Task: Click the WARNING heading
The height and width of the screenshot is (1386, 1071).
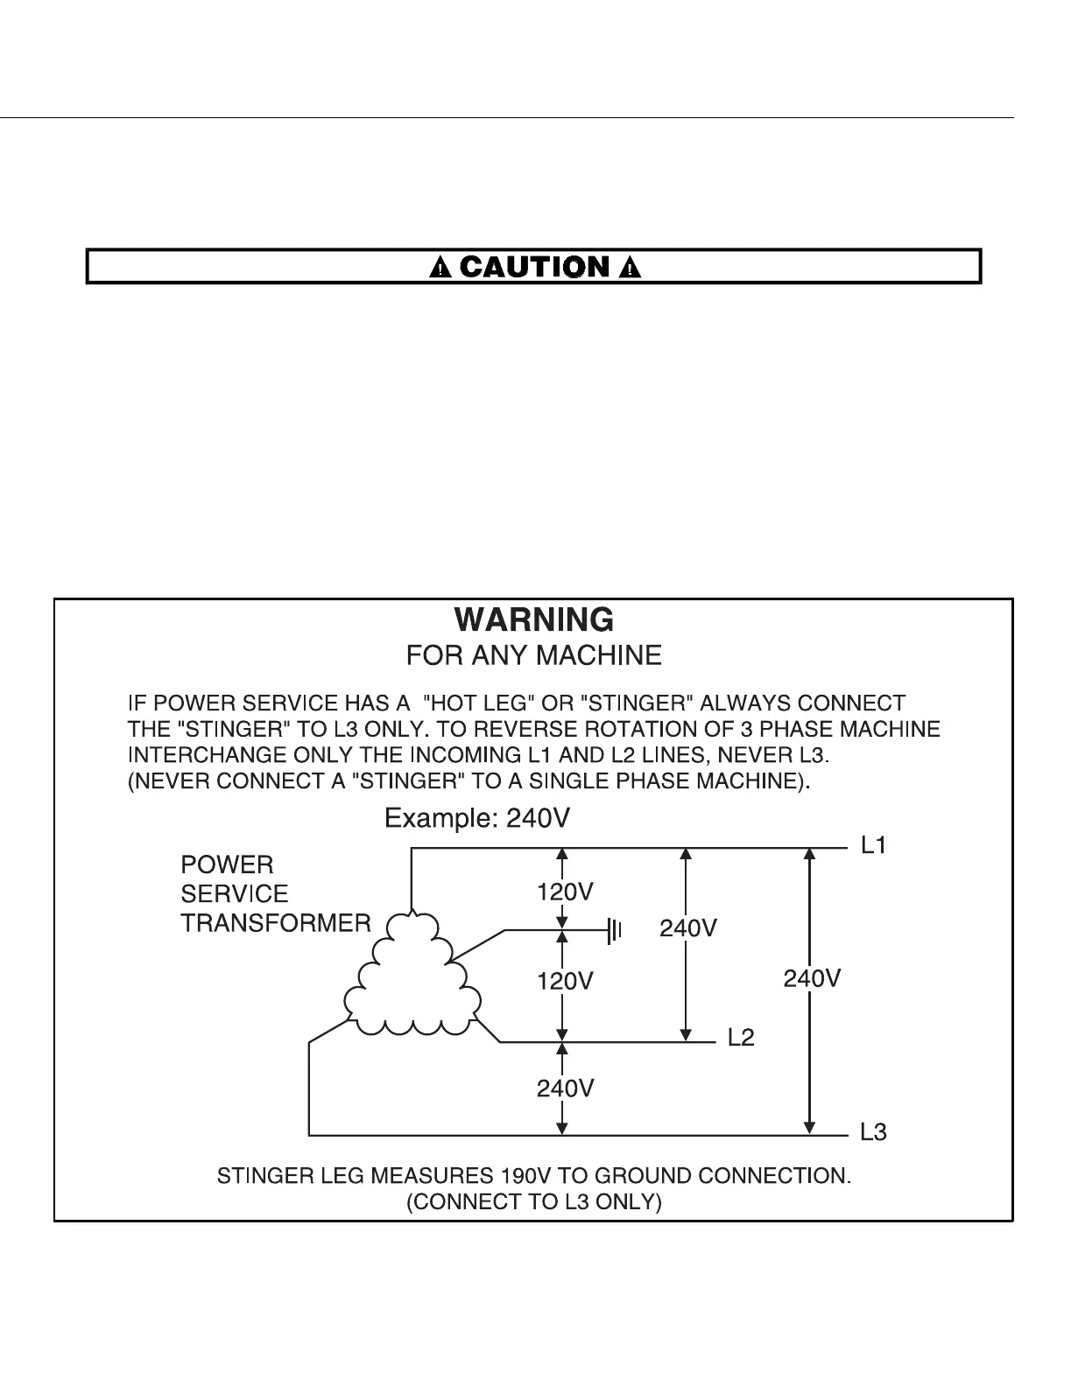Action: pos(534,620)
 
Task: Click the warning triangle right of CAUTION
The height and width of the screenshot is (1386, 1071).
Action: pos(629,268)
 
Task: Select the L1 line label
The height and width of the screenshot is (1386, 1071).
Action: pos(873,846)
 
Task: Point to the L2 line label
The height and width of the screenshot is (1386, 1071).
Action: pos(741,1039)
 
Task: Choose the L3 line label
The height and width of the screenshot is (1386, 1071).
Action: pos(873,1133)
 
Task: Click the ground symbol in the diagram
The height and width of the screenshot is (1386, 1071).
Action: pos(615,930)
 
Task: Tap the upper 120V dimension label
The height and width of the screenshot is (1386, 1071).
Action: pos(565,892)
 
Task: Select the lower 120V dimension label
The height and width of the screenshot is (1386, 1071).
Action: pos(565,982)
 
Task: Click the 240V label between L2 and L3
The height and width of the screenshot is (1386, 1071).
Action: pos(565,1088)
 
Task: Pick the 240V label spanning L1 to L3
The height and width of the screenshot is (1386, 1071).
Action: pos(812,978)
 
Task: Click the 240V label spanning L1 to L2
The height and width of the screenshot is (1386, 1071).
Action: pos(688,928)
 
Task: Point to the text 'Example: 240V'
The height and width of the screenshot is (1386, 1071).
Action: pos(478,819)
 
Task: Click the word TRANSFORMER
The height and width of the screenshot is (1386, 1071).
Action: pos(276,924)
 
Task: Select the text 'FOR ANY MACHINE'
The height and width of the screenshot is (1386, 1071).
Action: pos(534,655)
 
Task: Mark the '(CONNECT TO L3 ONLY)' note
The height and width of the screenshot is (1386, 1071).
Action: pos(534,1202)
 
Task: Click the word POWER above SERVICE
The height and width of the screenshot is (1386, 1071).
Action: pos(227,865)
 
